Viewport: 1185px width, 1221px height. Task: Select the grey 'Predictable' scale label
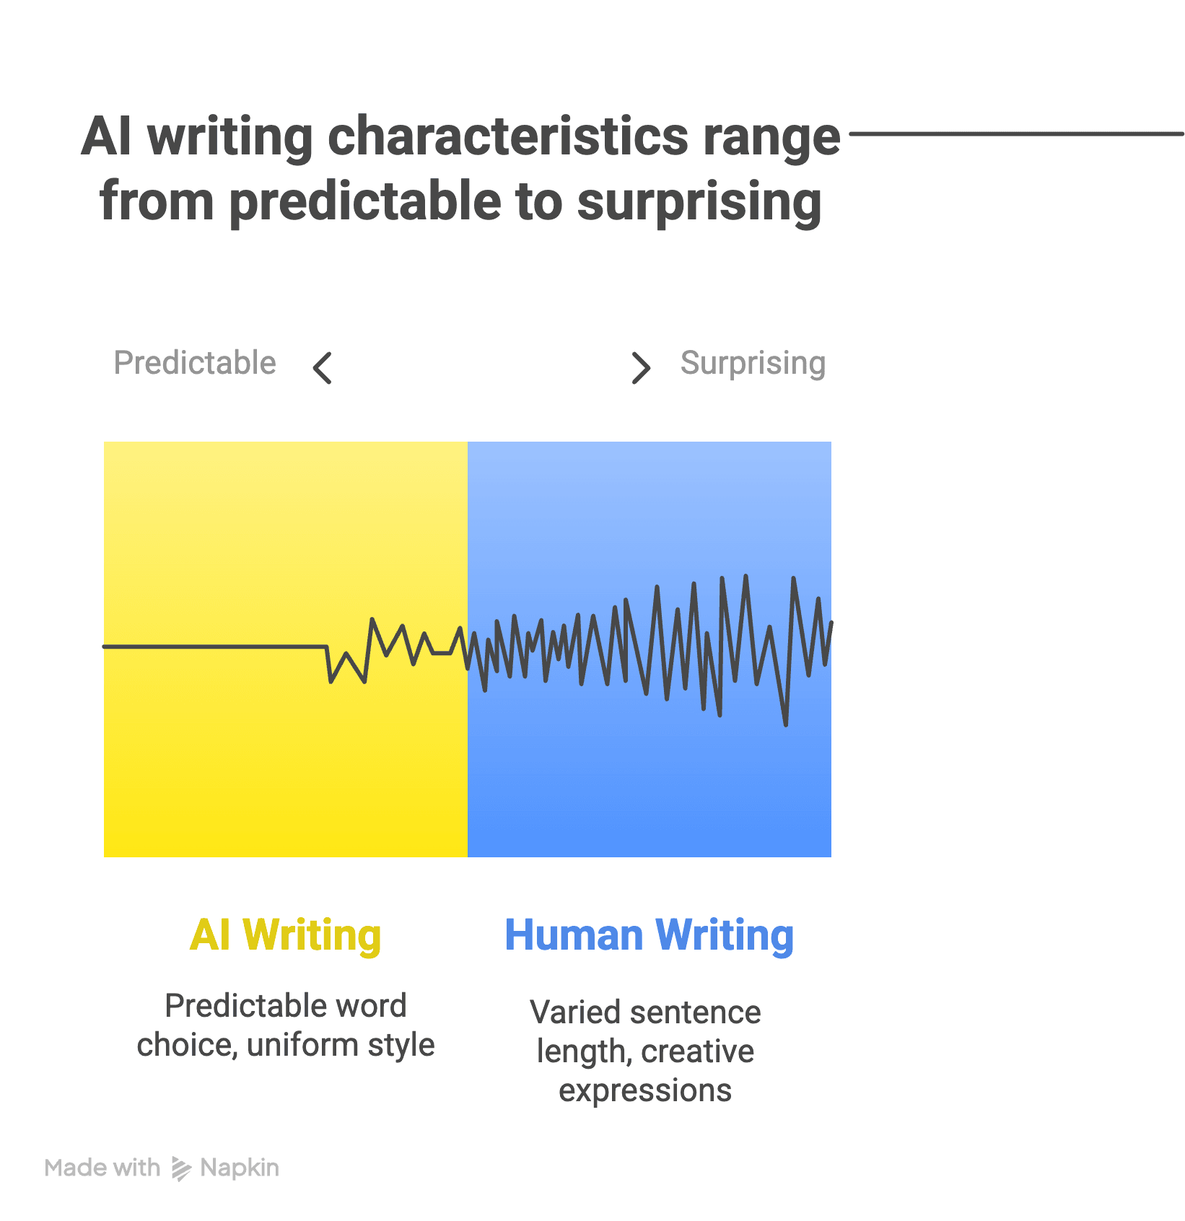point(195,363)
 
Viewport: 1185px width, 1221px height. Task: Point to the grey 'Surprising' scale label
point(753,363)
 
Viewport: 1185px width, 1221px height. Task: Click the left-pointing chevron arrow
point(322,368)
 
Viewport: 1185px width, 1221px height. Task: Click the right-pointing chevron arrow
point(641,368)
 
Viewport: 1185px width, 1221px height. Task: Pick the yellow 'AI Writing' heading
point(285,936)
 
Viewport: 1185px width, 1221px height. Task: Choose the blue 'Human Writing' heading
point(649,936)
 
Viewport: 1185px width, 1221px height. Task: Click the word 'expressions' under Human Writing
point(645,1090)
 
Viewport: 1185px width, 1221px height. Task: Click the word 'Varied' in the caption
point(567,1012)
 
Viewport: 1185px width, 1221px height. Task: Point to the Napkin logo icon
point(180,1168)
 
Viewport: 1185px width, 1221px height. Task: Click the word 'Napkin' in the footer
point(240,1168)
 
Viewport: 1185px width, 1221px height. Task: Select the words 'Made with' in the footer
point(102,1168)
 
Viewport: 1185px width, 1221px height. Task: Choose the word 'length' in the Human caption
point(580,1051)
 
